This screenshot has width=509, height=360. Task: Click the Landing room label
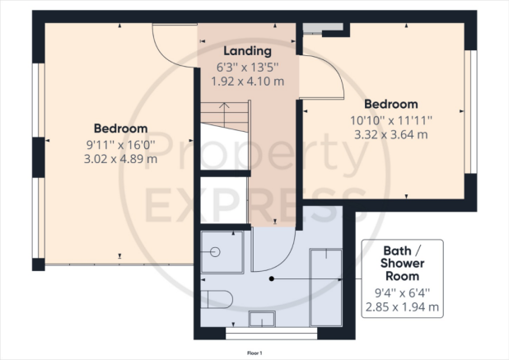click(247, 51)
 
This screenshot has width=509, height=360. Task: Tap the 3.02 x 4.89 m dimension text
click(121, 159)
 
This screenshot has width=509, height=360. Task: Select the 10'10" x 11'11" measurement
click(391, 121)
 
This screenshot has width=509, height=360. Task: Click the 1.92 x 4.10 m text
click(247, 82)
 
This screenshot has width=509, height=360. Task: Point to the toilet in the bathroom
click(217, 299)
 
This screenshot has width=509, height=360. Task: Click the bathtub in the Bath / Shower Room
click(325, 288)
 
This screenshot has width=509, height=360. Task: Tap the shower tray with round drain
click(222, 252)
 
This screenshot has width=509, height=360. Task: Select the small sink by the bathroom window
click(262, 319)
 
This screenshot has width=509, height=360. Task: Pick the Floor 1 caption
click(254, 353)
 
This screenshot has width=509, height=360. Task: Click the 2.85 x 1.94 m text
click(402, 306)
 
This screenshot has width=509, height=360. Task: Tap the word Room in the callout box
click(402, 276)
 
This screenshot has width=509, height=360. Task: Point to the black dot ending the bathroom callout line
click(272, 278)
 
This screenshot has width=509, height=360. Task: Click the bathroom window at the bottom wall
click(271, 334)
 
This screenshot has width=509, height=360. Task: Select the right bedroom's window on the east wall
click(470, 112)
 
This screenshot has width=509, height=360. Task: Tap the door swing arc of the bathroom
click(279, 257)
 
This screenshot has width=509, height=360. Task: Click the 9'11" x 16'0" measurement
click(121, 145)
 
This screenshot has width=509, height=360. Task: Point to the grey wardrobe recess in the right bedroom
click(323, 28)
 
